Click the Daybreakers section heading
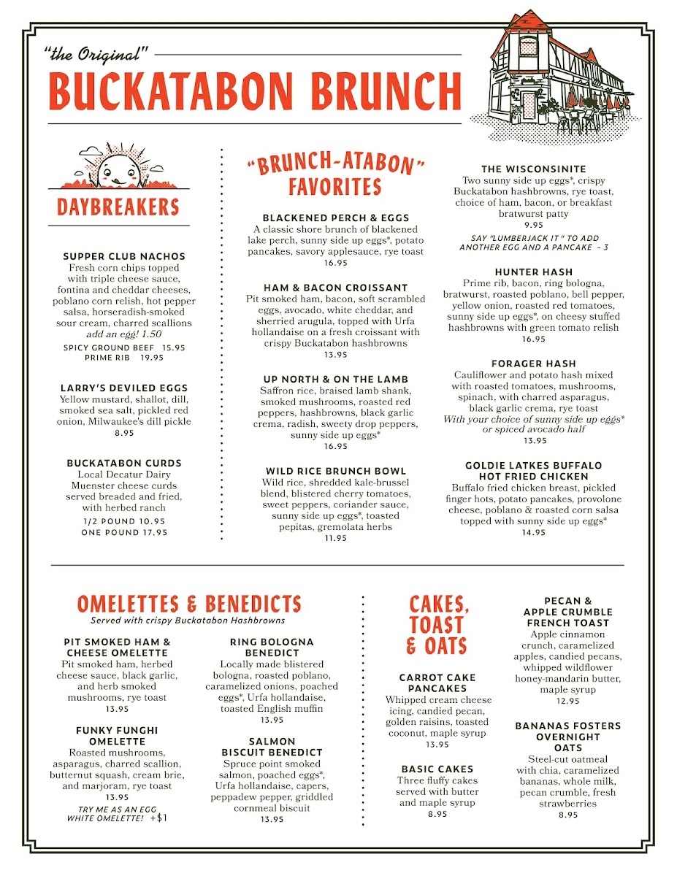pyautogui.click(x=118, y=207)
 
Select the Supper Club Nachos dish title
pyautogui.click(x=124, y=256)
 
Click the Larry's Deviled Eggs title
pyautogui.click(x=124, y=388)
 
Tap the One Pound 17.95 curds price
pyautogui.click(x=124, y=532)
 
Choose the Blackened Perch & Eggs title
pyautogui.click(x=336, y=218)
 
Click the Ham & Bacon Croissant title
pyautogui.click(x=336, y=288)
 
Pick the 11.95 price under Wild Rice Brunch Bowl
pyautogui.click(x=336, y=538)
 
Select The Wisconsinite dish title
pyautogui.click(x=534, y=169)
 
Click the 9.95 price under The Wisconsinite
pyautogui.click(x=534, y=226)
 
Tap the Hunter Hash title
pyautogui.click(x=534, y=272)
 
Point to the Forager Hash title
pyautogui.click(x=534, y=363)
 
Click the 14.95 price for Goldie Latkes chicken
pyautogui.click(x=534, y=532)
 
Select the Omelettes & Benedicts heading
pyautogui.click(x=189, y=604)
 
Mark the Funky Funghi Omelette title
pyautogui.click(x=117, y=735)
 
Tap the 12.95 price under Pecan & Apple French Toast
pyautogui.click(x=567, y=701)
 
